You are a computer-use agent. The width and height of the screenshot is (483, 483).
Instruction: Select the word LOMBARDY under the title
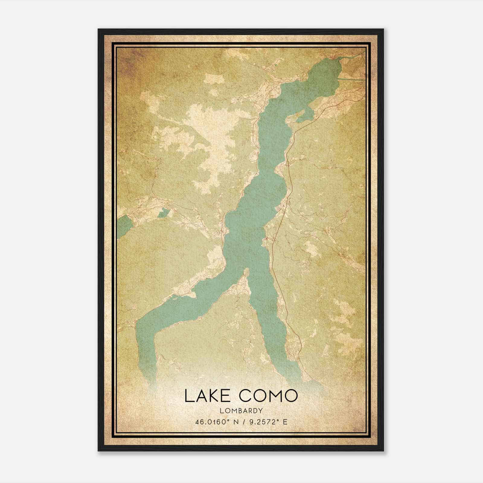point(241,411)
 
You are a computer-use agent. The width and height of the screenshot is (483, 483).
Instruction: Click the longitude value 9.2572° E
point(267,422)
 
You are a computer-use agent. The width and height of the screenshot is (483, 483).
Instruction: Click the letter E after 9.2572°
point(285,422)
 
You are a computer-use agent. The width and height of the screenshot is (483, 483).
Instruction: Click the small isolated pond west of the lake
point(163,213)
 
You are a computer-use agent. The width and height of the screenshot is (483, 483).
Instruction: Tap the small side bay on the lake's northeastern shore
point(304,116)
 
